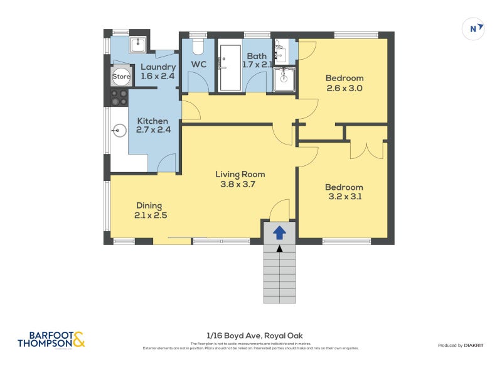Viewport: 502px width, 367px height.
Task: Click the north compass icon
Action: tap(474, 28)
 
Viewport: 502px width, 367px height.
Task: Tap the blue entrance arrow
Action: tap(279, 233)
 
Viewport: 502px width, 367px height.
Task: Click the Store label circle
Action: tap(121, 77)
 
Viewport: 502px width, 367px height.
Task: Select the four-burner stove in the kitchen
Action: tap(119, 97)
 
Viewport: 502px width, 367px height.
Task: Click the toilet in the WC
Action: tap(199, 47)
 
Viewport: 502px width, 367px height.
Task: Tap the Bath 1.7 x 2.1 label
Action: tap(257, 60)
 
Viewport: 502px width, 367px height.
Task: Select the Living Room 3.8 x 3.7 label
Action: tap(240, 179)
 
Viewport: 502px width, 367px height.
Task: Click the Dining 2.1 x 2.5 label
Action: tap(150, 210)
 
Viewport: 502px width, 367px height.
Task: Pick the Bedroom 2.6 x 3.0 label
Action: tap(344, 83)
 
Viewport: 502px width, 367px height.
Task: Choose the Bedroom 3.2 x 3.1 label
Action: tap(344, 192)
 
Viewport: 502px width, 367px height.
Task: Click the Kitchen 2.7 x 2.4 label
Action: tap(152, 126)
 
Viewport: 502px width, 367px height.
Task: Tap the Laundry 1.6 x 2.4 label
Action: tap(157, 72)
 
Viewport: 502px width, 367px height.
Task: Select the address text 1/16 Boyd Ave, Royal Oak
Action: tap(250, 336)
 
